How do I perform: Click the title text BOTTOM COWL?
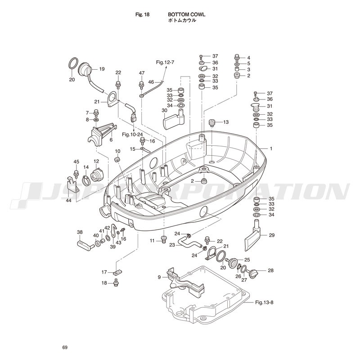[x=190, y=15]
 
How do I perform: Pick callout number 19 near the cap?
[x=101, y=69]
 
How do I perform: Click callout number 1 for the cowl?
[x=271, y=148]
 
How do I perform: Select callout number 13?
[x=226, y=122]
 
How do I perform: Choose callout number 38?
[x=80, y=232]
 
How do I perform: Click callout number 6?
[x=110, y=140]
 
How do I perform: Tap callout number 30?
[x=152, y=110]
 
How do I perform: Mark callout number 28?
[x=270, y=270]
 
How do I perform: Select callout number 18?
[x=104, y=283]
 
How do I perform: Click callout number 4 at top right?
[x=248, y=58]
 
